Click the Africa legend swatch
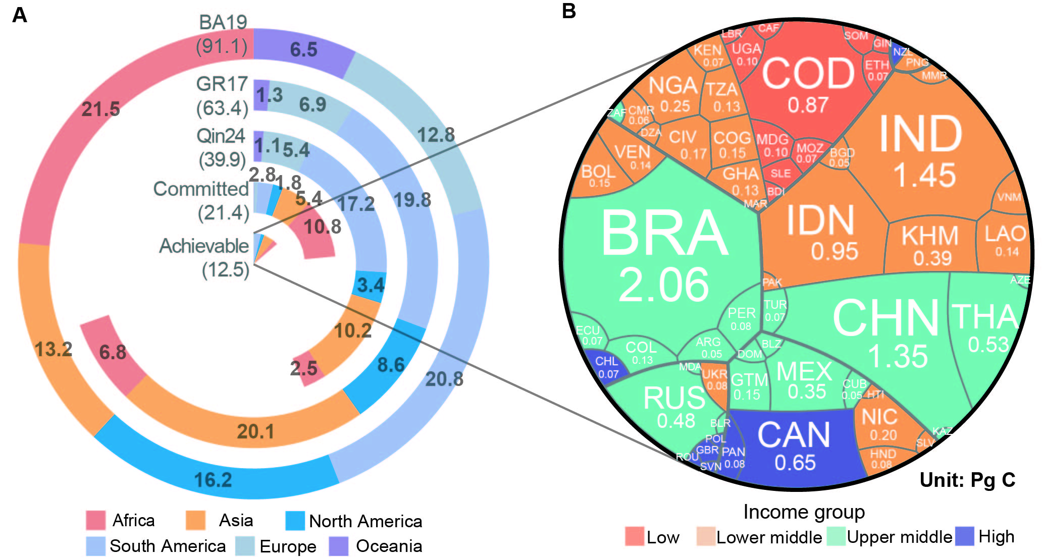[x=95, y=520]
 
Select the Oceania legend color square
[x=339, y=546]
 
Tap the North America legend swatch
[x=295, y=521]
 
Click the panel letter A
[x=19, y=15]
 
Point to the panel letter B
[x=569, y=11]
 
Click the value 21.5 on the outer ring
[x=101, y=109]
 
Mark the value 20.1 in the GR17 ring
[x=256, y=431]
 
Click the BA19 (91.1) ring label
[x=223, y=34]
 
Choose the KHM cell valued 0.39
[x=930, y=245]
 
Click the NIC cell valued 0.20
[x=879, y=424]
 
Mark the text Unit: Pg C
[x=967, y=480]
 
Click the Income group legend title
[x=804, y=512]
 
